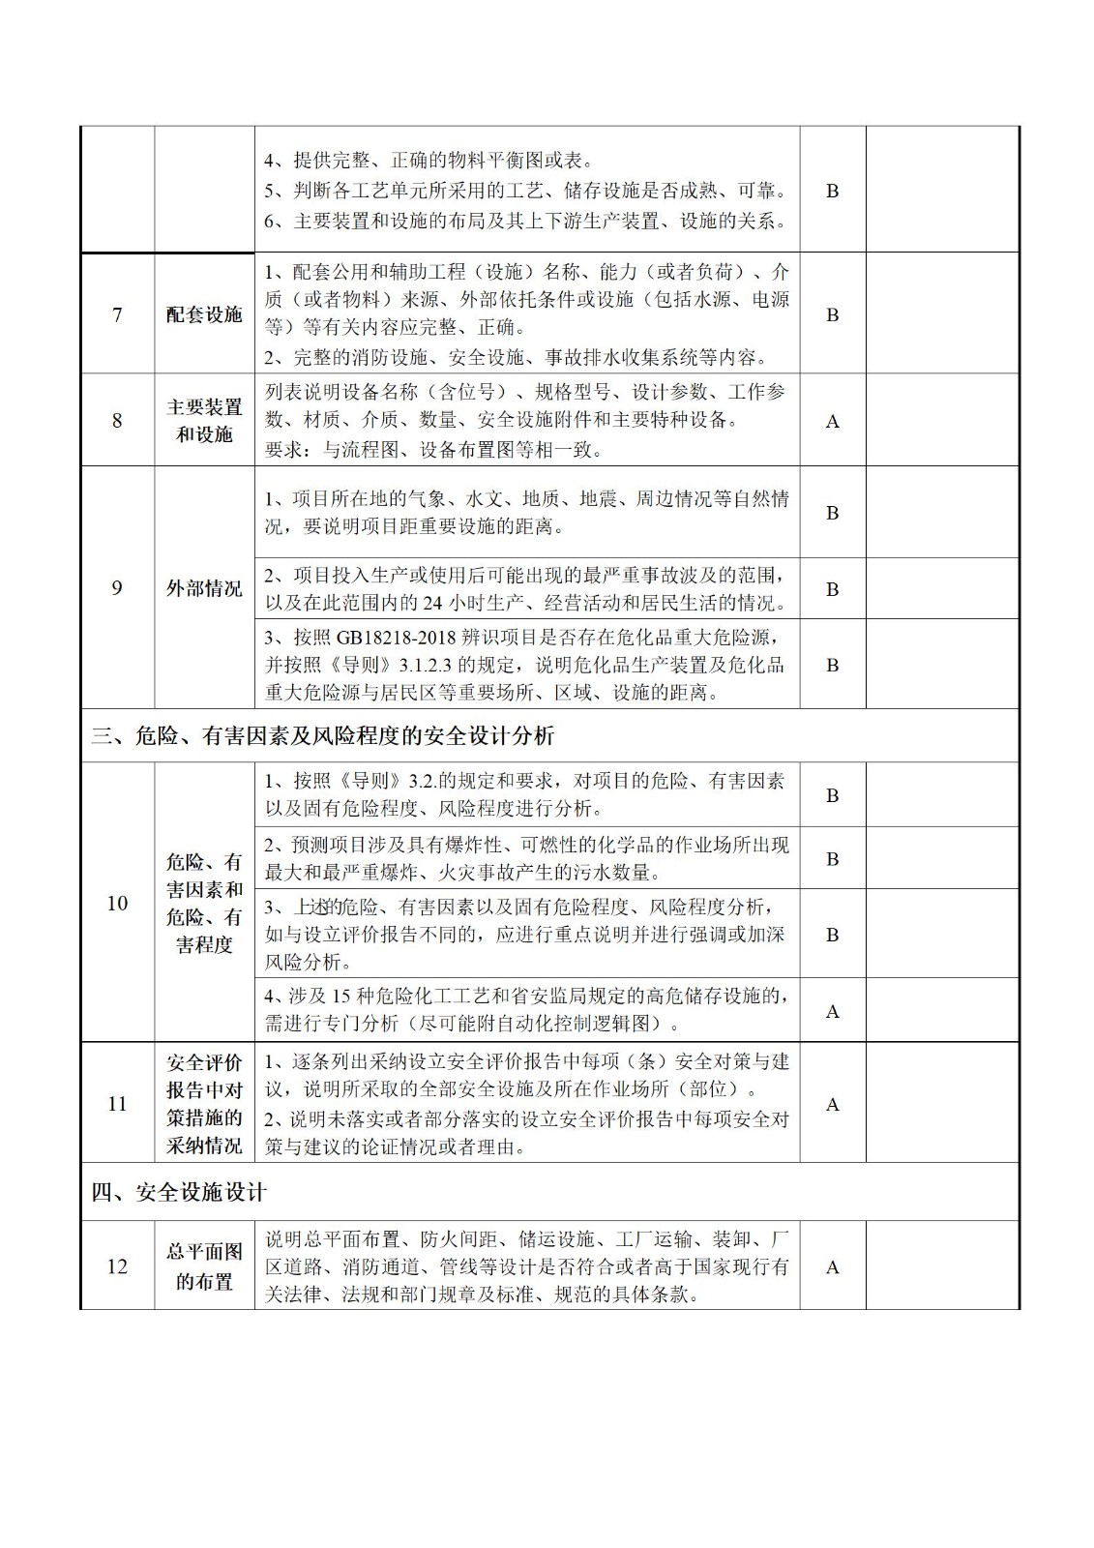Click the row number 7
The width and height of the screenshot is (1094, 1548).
coord(117,314)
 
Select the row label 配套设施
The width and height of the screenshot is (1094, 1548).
coord(204,314)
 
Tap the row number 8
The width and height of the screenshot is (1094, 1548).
coord(117,421)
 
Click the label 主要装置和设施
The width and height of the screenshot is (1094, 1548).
coord(204,421)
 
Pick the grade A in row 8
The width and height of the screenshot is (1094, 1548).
coord(832,422)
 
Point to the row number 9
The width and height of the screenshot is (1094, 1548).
coord(117,588)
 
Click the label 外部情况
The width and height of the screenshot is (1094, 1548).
coord(204,588)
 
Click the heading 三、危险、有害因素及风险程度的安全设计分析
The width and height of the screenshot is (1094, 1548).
coord(323,736)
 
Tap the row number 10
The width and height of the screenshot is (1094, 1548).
coord(117,904)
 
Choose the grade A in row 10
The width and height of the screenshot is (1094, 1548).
coord(832,1012)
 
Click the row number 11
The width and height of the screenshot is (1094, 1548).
coord(117,1104)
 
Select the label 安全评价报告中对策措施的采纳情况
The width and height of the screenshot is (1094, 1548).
coord(204,1104)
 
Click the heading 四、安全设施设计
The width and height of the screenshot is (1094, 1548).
coord(179,1193)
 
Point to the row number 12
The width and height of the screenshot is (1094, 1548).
coord(117,1266)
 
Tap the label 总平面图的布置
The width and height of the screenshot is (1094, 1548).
coord(204,1266)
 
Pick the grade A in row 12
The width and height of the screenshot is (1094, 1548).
coord(832,1267)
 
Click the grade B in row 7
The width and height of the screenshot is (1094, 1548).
coord(832,315)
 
